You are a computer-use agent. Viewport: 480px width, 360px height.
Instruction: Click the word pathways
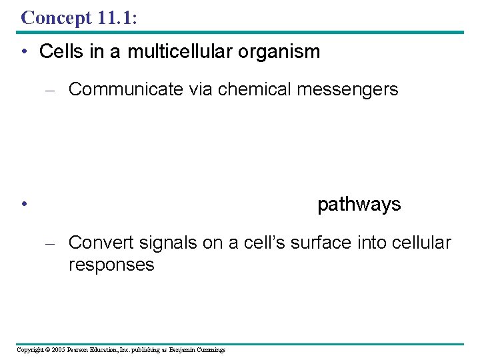pyautogui.click(x=359, y=204)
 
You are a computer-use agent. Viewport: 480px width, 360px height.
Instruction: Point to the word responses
pyautogui.click(x=111, y=265)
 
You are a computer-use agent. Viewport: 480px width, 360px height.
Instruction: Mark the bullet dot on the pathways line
pyautogui.click(x=23, y=205)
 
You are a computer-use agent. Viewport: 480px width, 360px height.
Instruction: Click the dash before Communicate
pyautogui.click(x=55, y=90)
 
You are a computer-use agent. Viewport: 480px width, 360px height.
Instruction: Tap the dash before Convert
pyautogui.click(x=55, y=243)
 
